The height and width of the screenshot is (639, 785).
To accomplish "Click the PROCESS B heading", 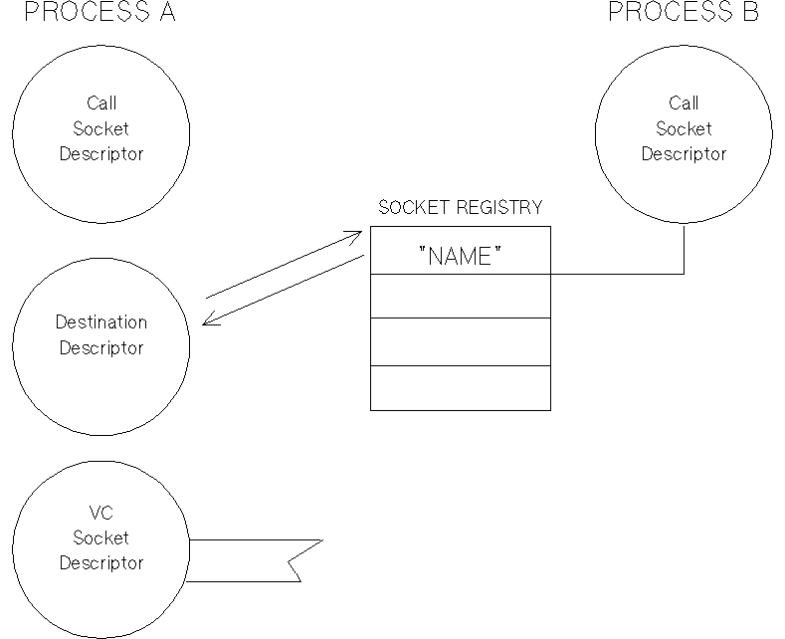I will [684, 12].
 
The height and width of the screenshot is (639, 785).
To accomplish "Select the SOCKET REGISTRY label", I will [461, 208].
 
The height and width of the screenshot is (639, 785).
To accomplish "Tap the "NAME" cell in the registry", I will [461, 256].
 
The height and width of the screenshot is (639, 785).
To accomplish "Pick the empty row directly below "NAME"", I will [461, 296].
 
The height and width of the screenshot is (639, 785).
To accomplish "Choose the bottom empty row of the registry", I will [461, 387].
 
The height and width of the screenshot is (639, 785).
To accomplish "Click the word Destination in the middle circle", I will [100, 322].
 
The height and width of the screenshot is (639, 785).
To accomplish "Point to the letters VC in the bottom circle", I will [100, 513].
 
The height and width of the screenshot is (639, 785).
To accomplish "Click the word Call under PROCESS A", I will [100, 103].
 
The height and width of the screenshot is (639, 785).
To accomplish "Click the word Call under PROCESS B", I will [684, 103].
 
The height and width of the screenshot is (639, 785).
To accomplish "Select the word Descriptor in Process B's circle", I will [684, 154].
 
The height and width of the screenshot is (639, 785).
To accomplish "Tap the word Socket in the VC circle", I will [100, 537].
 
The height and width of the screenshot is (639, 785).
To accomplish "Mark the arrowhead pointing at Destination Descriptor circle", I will [208, 320].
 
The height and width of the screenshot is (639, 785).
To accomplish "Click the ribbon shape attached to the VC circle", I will [249, 561].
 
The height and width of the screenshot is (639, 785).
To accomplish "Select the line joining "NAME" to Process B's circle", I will [617, 273].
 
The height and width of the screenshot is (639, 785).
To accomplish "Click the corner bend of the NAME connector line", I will [684, 273].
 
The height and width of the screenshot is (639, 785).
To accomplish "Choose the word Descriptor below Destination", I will [100, 348].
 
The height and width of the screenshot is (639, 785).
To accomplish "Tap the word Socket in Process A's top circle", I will [100, 128].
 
